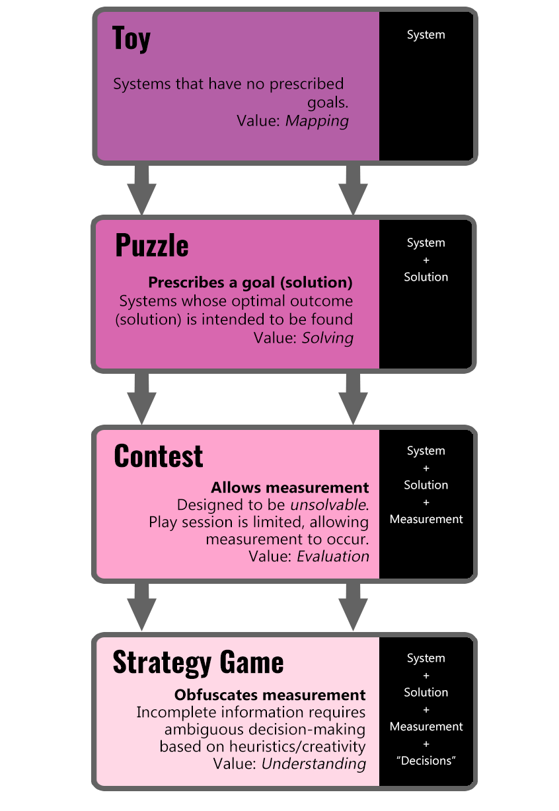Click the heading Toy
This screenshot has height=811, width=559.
click(x=131, y=39)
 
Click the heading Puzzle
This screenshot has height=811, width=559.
click(x=151, y=246)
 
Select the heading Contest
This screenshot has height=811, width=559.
click(x=159, y=456)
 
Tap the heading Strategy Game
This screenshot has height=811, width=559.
click(x=198, y=662)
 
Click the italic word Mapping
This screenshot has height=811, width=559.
click(x=317, y=121)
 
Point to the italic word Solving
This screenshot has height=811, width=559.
click(x=327, y=338)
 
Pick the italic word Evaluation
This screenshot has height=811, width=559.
click(x=332, y=556)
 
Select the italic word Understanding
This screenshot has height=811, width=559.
click(x=314, y=763)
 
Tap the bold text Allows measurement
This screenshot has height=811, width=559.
click(x=289, y=488)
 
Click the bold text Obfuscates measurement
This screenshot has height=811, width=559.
click(x=270, y=695)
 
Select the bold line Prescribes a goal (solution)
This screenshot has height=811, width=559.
click(x=250, y=283)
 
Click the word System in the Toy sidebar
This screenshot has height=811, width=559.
click(x=426, y=35)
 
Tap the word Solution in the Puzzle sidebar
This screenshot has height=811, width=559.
click(x=426, y=277)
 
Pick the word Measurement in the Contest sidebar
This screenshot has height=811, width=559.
click(x=426, y=520)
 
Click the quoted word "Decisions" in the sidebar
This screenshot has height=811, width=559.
click(x=426, y=761)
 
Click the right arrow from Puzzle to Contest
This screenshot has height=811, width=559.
click(x=353, y=399)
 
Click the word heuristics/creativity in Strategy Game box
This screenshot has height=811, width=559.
click(x=293, y=746)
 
